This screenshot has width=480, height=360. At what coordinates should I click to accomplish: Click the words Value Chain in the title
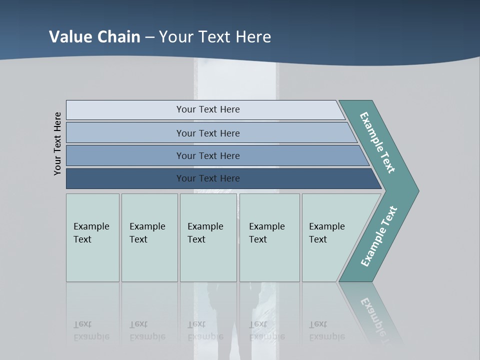pos(94,36)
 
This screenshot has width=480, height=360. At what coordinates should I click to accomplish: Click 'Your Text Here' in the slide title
pos(215,36)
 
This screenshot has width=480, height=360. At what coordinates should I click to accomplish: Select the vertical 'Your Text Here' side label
pos(58,143)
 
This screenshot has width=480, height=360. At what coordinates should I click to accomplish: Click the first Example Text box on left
pos(92,237)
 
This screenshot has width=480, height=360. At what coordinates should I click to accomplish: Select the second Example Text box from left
pos(149,237)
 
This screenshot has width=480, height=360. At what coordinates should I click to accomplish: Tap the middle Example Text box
pos(208,237)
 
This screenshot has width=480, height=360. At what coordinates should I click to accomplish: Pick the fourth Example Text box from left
pos(269,237)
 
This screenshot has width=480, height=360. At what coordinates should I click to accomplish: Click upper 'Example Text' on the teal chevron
pos(377,142)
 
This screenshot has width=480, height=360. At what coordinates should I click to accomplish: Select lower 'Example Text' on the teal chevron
pos(379,236)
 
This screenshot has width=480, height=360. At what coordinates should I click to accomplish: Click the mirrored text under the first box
pos(91,330)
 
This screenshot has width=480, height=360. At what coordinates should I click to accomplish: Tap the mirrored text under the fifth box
pos(326,330)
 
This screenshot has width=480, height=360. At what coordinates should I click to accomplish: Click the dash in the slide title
pos(149,37)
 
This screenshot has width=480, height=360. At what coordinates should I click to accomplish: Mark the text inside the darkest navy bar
pos(208,178)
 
